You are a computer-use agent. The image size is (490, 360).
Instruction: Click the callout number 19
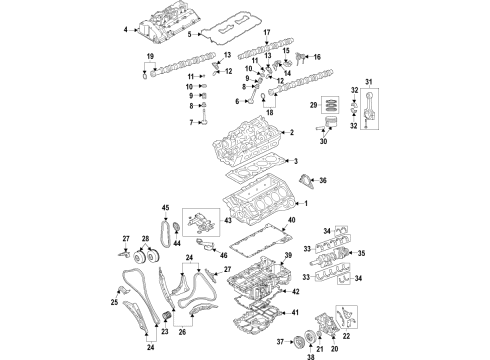click(150, 56)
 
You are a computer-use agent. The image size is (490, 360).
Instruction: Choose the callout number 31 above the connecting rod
click(367, 81)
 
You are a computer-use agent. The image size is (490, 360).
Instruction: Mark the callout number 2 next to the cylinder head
click(291, 132)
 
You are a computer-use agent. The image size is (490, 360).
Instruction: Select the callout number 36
click(321, 181)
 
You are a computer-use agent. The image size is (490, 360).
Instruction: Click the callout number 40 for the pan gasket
click(291, 220)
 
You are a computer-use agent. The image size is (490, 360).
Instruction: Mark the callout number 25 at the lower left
click(115, 301)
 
